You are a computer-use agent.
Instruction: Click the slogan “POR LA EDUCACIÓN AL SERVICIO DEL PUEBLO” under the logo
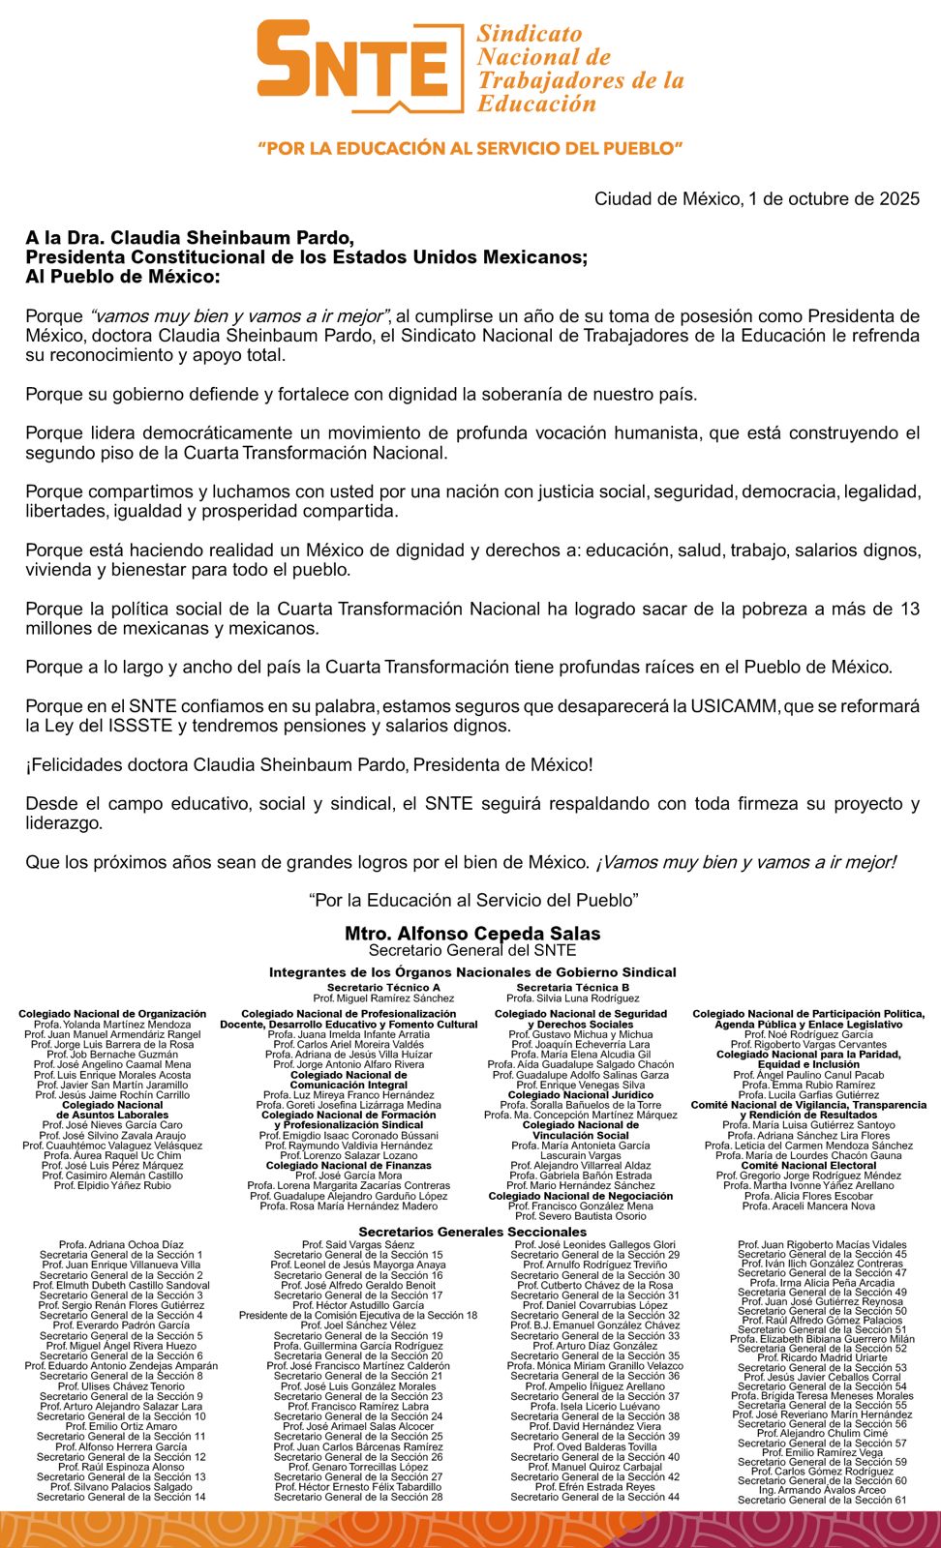coord(470,149)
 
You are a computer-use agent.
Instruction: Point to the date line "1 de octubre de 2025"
coord(835,199)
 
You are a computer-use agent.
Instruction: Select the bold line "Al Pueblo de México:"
coord(123,277)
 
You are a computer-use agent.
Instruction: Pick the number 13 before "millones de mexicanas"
coord(909,609)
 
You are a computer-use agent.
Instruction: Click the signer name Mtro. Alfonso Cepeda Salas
coord(472,934)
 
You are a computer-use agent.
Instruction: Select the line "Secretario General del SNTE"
coord(472,950)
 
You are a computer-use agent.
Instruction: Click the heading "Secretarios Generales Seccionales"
coord(472,1232)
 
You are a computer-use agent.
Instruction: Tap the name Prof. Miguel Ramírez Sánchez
coord(383,997)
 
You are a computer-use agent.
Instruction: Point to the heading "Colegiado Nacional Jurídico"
coord(581,1095)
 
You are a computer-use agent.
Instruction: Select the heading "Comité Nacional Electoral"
coord(808,1166)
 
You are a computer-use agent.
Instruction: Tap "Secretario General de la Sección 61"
coord(822,1500)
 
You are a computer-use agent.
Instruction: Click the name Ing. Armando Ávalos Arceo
coord(822,1490)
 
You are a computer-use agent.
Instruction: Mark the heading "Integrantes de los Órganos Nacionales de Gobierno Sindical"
coord(472,972)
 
